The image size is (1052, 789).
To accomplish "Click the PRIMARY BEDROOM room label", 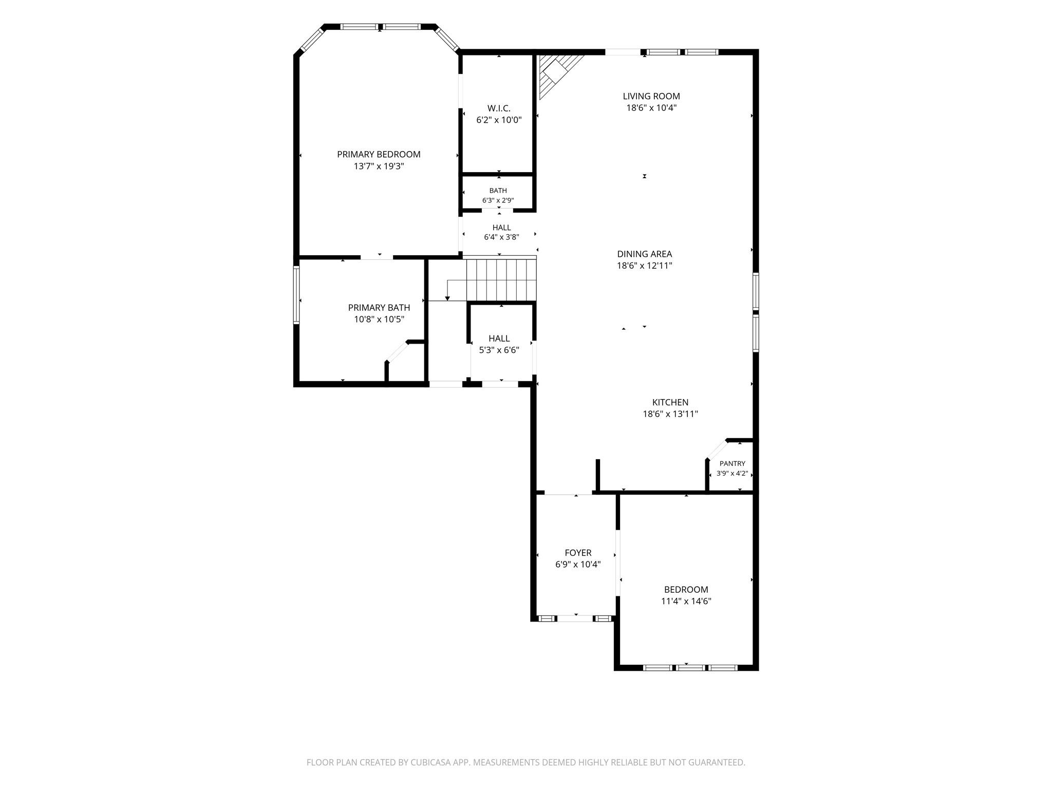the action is [x=379, y=154].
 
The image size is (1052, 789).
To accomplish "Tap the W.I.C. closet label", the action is [x=499, y=108].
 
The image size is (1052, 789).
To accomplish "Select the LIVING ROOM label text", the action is [x=651, y=96].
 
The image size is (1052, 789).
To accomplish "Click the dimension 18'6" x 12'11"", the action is [x=645, y=266].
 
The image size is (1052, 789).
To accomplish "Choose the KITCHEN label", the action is [x=670, y=402].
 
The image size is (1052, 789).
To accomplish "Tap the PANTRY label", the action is [x=732, y=463].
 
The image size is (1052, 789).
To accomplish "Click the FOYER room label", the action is [x=578, y=553].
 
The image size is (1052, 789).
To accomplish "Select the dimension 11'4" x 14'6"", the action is [x=686, y=601].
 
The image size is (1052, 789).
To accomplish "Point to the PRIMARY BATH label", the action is [x=379, y=308].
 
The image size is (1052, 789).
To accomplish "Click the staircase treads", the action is [x=501, y=279].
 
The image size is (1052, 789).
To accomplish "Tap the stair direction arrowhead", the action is [x=447, y=298].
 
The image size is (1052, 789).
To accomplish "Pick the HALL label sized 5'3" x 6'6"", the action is [x=499, y=339].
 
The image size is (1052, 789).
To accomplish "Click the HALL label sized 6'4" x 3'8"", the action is [x=502, y=228].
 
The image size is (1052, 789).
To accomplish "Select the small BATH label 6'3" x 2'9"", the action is [x=498, y=191].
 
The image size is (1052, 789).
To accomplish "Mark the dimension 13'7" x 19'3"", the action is [x=379, y=166].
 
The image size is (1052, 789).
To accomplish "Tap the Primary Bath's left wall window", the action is [x=296, y=295].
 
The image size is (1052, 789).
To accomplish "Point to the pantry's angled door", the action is [x=717, y=449].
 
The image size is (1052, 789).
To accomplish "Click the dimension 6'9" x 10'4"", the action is [x=578, y=565].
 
